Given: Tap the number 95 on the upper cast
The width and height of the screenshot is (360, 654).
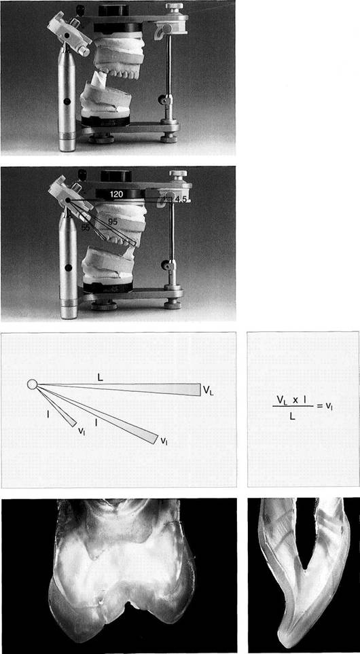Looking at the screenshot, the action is coord(113,222).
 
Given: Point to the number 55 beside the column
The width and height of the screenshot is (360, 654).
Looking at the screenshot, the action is coord(86,228).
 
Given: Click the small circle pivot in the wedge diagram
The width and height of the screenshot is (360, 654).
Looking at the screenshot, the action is coord(32,384).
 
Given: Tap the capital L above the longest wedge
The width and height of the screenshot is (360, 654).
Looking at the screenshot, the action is coord(100,377).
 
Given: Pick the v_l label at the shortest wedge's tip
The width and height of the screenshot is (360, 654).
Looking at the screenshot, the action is coord(82,430).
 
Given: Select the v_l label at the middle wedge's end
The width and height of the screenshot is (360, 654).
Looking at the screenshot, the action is coord(164,441).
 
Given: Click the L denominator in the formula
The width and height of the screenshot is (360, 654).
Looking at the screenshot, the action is coord(293,416).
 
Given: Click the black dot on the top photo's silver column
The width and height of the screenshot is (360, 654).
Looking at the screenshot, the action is coord(67,101).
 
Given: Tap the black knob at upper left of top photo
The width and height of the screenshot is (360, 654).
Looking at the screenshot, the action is coord(79,8).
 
